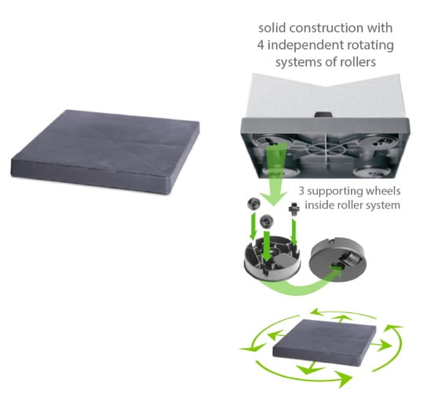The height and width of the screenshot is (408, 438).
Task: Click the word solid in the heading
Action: point(272,28)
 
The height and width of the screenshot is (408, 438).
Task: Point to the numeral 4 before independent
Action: point(261,46)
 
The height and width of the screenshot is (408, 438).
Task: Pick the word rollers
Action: point(358,62)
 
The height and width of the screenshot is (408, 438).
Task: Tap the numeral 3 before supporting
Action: point(301,191)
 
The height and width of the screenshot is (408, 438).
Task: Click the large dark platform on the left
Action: point(105,152)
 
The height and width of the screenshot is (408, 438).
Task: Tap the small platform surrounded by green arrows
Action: point(324,342)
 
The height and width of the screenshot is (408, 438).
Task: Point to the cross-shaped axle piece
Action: point(294,209)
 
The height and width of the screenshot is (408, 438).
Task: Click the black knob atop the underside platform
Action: point(323,115)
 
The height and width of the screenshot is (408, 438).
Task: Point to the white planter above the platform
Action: point(325,96)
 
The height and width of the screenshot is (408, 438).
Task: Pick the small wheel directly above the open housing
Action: point(266,222)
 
